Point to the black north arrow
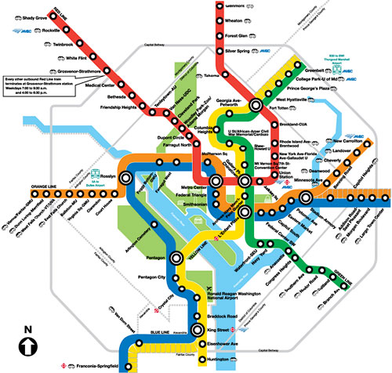[29, 343]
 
